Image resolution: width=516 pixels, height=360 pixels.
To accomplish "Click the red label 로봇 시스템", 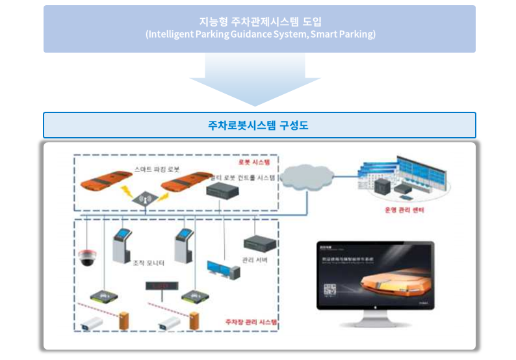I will coord(254,160).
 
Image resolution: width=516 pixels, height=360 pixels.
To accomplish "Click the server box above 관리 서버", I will coord(260,244).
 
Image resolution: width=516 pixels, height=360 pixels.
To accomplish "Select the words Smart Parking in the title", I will coord(345,34).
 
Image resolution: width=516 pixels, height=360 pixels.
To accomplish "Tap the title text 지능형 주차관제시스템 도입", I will coord(259,21).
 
